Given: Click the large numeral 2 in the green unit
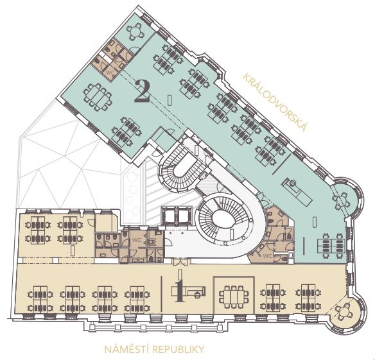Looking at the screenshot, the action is (142, 92).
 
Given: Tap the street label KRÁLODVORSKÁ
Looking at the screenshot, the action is (275, 102).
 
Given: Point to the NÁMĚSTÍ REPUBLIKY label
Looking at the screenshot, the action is (154, 349).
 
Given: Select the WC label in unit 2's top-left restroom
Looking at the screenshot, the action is (109, 73).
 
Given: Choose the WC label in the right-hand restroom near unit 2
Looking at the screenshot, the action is (268, 256).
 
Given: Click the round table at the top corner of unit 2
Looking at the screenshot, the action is (135, 31).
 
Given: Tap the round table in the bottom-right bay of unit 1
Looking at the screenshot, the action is (343, 312).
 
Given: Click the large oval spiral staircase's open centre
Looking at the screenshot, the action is (222, 218).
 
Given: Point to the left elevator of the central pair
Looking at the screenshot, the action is (169, 216).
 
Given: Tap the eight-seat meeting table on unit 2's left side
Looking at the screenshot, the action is (97, 97).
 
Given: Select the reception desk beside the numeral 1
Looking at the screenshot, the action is (189, 291).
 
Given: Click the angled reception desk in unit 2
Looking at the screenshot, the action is (297, 193).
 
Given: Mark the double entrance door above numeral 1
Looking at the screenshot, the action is (181, 262).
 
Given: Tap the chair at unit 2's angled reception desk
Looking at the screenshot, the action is (292, 183).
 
